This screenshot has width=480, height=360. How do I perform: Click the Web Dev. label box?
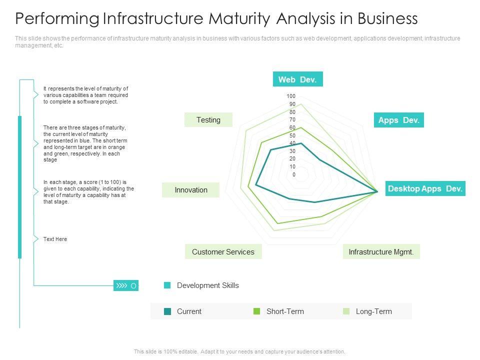tap(297, 79)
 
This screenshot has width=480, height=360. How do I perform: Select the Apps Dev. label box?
tap(398, 120)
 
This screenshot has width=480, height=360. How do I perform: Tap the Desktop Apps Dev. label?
tap(425, 188)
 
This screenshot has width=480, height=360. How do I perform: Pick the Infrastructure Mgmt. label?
tap(381, 251)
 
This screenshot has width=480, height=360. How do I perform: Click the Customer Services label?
tap(223, 251)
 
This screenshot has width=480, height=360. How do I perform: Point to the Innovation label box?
tap(190, 190)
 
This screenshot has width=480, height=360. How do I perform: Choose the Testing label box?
tap(208, 119)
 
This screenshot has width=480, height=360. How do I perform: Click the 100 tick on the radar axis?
tap(291, 96)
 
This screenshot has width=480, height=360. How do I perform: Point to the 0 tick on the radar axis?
tap(294, 174)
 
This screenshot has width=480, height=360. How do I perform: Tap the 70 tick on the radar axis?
tap(292, 119)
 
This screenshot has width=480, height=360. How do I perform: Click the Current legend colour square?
tap(167, 311)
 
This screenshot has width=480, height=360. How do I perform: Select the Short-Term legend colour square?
tap(257, 311)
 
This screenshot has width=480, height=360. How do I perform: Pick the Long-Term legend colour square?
tap(346, 311)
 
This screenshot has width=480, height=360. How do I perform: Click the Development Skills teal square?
tap(167, 285)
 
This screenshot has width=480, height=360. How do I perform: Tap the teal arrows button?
tap(126, 285)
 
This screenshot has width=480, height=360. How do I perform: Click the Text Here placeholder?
tap(55, 239)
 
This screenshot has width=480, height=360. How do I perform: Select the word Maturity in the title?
tap(239, 18)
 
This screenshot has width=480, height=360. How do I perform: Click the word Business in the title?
tap(387, 18)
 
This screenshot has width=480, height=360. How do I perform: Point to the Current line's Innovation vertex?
tap(256, 185)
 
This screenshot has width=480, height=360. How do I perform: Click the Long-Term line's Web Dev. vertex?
tap(301, 104)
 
